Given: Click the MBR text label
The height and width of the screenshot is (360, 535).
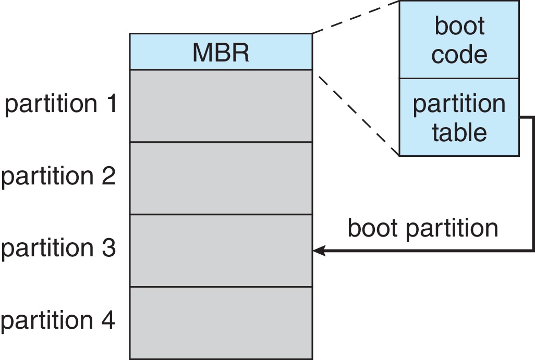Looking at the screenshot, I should pyautogui.click(x=221, y=52).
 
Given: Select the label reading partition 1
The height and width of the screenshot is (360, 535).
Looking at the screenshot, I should pyautogui.click(x=60, y=105).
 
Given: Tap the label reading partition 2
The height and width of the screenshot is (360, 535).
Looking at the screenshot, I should pyautogui.click(x=57, y=177).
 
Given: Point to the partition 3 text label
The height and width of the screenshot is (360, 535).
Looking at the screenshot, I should pyautogui.click(x=57, y=249).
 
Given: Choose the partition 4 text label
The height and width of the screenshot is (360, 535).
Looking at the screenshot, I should pyautogui.click(x=57, y=320).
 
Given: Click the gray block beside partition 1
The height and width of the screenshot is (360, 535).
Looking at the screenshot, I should pyautogui.click(x=221, y=106).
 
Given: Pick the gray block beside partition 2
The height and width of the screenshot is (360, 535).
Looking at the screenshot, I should pyautogui.click(x=221, y=178).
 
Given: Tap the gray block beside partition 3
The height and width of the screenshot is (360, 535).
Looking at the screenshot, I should pyautogui.click(x=221, y=250).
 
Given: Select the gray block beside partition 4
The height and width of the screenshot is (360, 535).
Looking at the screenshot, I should pyautogui.click(x=221, y=322).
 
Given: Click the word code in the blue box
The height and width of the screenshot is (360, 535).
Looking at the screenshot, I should pyautogui.click(x=459, y=54).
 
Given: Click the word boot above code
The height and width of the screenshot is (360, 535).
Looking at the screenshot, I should pyautogui.click(x=459, y=26).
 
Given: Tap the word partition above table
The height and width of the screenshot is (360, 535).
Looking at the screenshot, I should pyautogui.click(x=459, y=104).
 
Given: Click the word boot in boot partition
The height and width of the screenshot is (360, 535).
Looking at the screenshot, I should pyautogui.click(x=371, y=228).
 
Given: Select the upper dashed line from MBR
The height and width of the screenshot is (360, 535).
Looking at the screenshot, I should pyautogui.click(x=356, y=17).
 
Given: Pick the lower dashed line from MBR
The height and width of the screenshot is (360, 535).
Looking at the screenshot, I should pyautogui.click(x=356, y=112).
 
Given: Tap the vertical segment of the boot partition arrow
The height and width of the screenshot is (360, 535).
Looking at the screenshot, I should pyautogui.click(x=532, y=182).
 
